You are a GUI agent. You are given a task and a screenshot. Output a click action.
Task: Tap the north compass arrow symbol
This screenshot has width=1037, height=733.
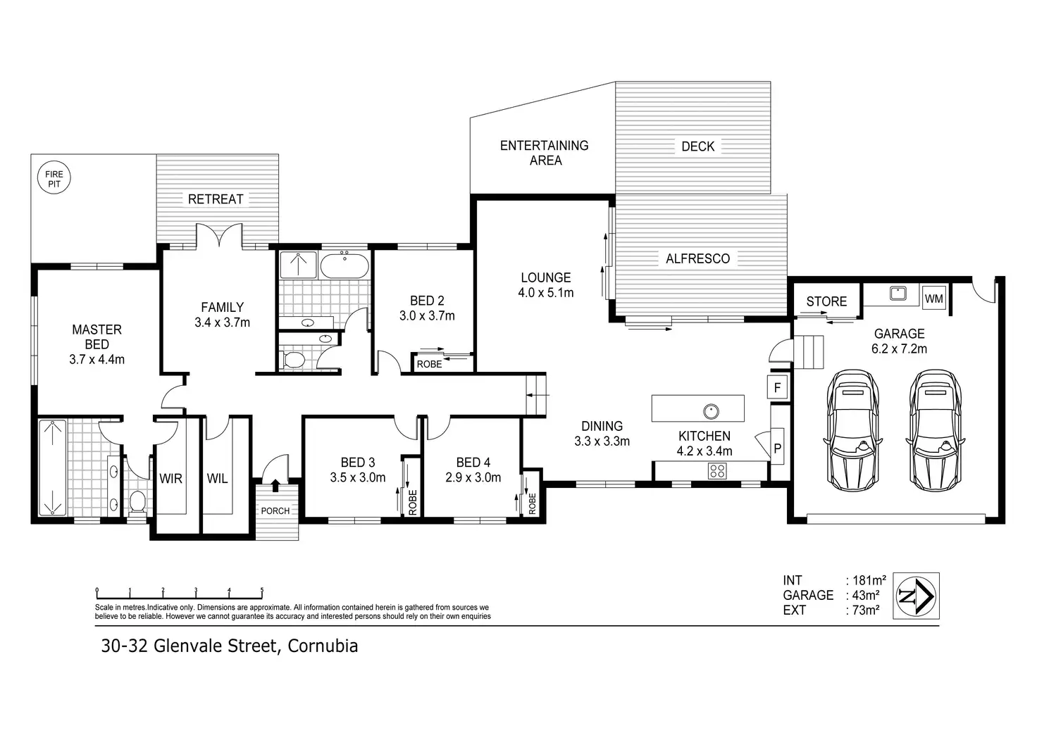click(916, 596)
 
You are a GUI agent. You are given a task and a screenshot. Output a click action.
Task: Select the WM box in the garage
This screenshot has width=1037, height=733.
click(933, 299)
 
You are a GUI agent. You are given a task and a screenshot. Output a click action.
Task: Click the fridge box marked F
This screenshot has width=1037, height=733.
click(777, 387)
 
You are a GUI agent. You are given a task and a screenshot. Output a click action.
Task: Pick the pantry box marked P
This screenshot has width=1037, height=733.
click(777, 448)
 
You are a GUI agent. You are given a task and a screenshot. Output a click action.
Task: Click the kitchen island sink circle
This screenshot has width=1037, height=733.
click(711, 411)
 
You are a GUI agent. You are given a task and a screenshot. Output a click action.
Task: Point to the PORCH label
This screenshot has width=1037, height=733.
click(275, 511)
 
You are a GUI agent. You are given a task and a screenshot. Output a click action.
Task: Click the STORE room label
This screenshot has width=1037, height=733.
click(826, 301)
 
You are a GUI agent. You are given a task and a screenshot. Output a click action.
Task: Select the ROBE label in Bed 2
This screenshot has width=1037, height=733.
click(429, 364)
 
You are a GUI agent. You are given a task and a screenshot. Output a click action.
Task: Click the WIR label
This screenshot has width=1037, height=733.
click(170, 479)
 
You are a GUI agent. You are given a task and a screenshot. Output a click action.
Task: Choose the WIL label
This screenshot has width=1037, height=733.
click(217, 479)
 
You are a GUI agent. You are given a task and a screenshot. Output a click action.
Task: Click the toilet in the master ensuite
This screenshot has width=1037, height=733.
click(137, 501)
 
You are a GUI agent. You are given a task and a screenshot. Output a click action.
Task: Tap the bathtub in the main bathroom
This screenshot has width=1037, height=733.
click(345, 265)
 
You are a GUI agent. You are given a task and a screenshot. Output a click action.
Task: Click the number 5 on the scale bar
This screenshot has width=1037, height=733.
click(262, 590)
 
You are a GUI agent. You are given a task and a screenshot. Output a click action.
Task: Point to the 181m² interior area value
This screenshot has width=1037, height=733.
click(869, 580)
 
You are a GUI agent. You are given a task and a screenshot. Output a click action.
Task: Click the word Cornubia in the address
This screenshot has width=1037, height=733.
click(323, 646)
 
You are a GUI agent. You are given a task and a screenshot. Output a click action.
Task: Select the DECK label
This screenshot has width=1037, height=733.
click(698, 146)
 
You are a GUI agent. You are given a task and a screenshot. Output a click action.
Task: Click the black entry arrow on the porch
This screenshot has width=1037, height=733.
click(275, 485)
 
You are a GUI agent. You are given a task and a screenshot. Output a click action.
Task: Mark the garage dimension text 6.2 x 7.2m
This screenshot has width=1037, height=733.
click(899, 349)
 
